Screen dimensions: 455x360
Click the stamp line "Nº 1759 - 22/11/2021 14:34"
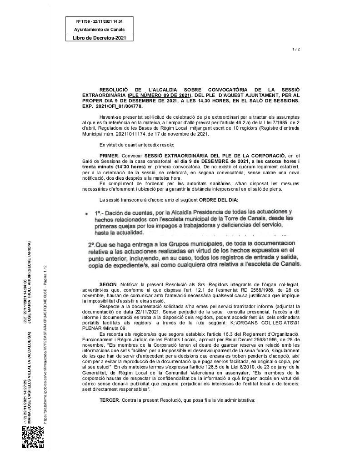99,21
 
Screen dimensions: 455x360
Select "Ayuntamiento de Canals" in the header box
99,30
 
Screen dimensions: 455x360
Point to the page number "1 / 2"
296,49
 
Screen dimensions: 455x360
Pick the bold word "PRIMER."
110,156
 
